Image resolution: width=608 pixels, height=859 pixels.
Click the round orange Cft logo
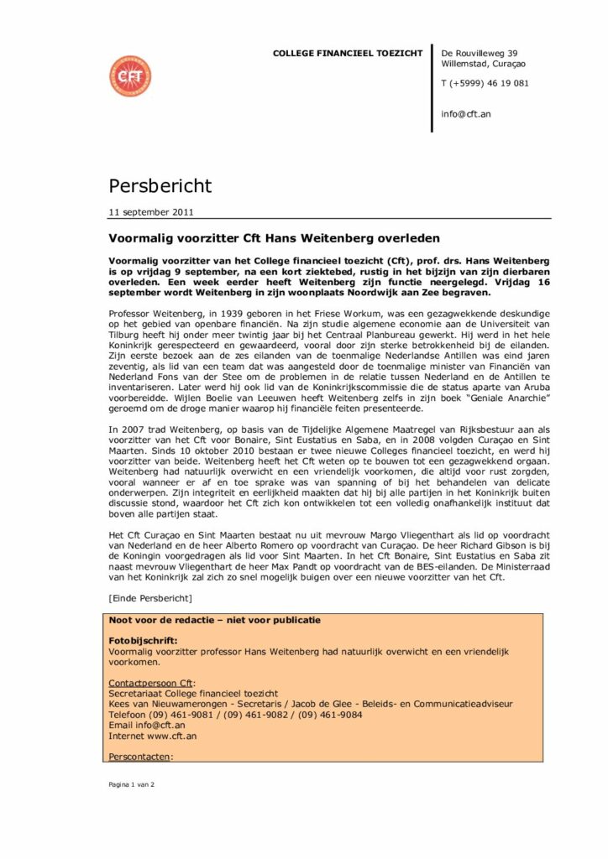tap(130, 75)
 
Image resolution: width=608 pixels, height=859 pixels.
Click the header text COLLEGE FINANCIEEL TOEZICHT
tap(348, 54)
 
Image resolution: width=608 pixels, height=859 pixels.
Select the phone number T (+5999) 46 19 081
tap(485, 83)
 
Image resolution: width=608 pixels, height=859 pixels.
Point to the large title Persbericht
tap(160, 185)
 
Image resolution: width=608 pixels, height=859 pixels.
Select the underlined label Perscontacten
tap(139, 757)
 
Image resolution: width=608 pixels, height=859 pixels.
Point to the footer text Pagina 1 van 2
tap(132, 784)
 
